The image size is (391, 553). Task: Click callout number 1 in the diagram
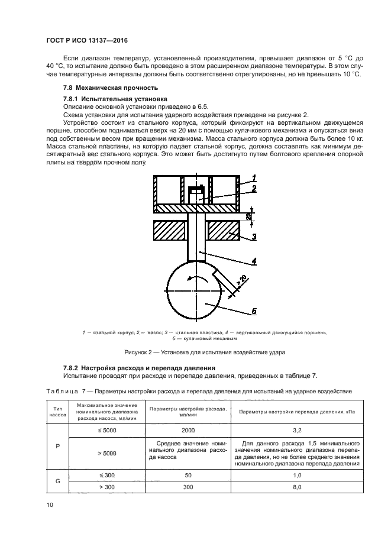[x=254, y=178]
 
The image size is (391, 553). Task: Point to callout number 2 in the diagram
[x=254, y=189]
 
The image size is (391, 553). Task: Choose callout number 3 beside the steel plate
[x=254, y=237]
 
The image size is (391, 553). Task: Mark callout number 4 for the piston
[x=254, y=260]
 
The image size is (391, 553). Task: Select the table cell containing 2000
[x=188, y=431]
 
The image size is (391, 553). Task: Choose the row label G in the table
[x=57, y=481]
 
